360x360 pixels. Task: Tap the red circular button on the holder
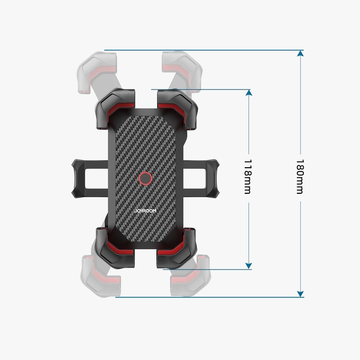click(146, 178)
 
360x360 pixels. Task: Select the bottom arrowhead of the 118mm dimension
click(249, 265)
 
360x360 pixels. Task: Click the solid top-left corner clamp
click(115, 106)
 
